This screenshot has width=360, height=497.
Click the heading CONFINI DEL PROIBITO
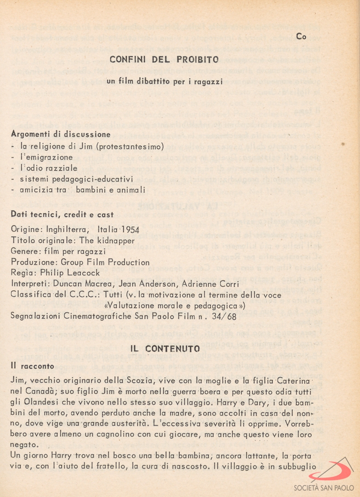(x=164, y=59)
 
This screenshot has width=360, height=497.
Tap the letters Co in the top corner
(x=301, y=36)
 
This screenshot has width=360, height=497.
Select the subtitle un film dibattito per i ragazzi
(x=165, y=81)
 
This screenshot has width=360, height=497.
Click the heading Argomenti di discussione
(x=61, y=134)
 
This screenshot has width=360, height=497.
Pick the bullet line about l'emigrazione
(x=46, y=157)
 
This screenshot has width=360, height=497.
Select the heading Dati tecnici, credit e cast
(x=62, y=214)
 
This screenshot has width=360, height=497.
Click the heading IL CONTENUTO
(x=165, y=349)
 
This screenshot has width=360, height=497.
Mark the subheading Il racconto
(x=32, y=366)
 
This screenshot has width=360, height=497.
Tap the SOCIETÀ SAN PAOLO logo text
(x=324, y=487)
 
